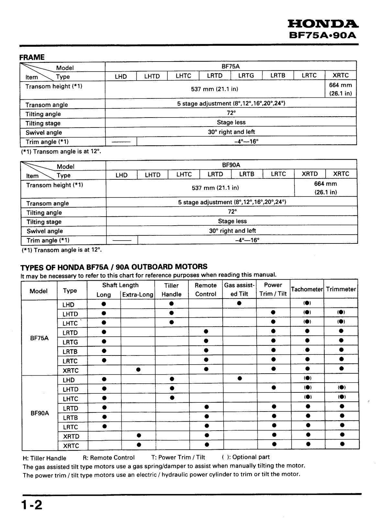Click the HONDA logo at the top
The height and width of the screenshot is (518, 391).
pos(323,24)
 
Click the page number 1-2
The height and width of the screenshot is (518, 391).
pos(32,505)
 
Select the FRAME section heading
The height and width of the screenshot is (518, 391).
pos(32,57)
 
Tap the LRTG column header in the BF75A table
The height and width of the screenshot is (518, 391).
pos(246,76)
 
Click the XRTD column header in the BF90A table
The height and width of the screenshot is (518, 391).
pos(310,174)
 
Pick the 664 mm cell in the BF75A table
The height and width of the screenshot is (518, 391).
pos(341,89)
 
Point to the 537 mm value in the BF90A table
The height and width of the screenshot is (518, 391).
pos(215,188)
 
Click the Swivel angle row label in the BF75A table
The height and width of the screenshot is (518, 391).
pos(44,132)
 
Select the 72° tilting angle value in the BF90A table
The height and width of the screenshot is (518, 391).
pos(232,211)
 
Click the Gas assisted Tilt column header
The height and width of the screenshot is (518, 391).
pos(239,289)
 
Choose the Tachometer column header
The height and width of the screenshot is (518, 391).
pos(307,289)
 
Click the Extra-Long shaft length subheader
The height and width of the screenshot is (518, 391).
pos(138,295)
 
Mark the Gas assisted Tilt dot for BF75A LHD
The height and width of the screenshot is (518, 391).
pos(239,303)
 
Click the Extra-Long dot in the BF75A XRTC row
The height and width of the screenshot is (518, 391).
pos(138,369)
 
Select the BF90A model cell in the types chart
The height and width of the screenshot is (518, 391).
pos(40,413)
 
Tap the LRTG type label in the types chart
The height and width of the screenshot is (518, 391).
pos(70,342)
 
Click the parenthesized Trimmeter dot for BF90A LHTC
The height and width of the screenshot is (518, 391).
pos(342,397)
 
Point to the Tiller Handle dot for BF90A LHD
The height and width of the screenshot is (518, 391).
pos(172,379)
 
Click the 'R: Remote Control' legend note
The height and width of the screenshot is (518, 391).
pos(109,458)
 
